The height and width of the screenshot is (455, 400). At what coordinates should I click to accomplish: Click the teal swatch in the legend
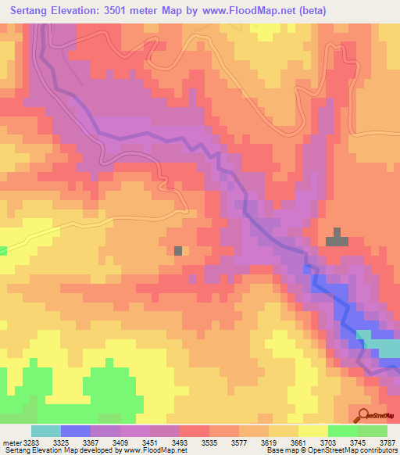point(46,431)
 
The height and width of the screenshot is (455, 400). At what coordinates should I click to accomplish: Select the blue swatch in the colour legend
point(76,431)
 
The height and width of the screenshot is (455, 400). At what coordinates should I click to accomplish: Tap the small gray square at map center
point(178,250)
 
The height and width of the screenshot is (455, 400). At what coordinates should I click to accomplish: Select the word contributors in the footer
point(378,451)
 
